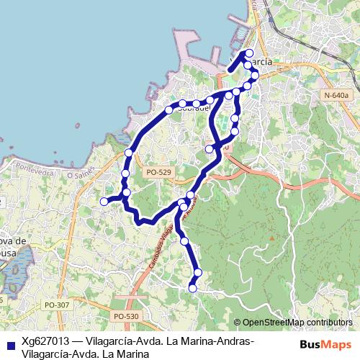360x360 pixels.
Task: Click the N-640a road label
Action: click(x=336, y=95)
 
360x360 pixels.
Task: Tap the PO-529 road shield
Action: click(x=158, y=172)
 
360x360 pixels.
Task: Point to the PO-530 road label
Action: click(x=125, y=316)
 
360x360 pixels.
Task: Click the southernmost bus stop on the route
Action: click(x=192, y=288)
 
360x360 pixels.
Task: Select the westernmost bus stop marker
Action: click(x=103, y=202)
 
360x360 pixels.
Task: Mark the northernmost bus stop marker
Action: click(x=250, y=53)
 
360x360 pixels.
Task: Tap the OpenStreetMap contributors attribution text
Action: click(x=297, y=323)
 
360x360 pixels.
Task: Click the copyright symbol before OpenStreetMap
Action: click(x=238, y=323)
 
